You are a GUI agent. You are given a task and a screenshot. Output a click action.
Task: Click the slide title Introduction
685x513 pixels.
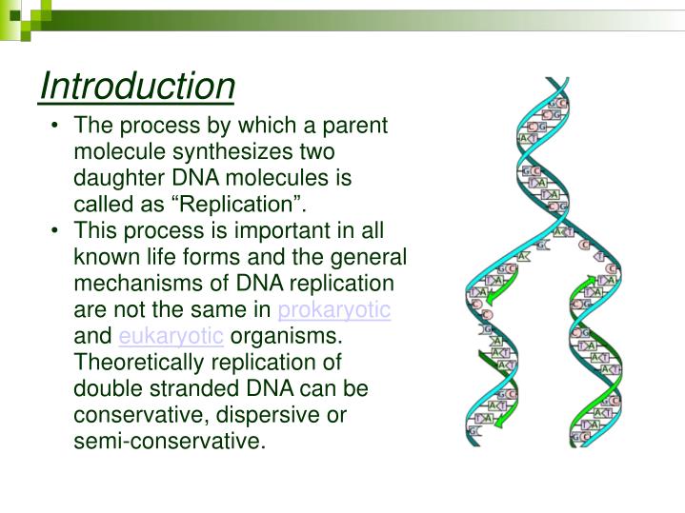(137, 87)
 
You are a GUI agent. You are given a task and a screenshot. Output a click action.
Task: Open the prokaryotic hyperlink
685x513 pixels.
(334, 310)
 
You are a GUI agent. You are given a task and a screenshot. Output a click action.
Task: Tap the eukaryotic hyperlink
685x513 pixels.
(171, 336)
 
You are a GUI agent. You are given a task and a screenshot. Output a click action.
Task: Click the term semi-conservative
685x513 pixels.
(168, 442)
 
